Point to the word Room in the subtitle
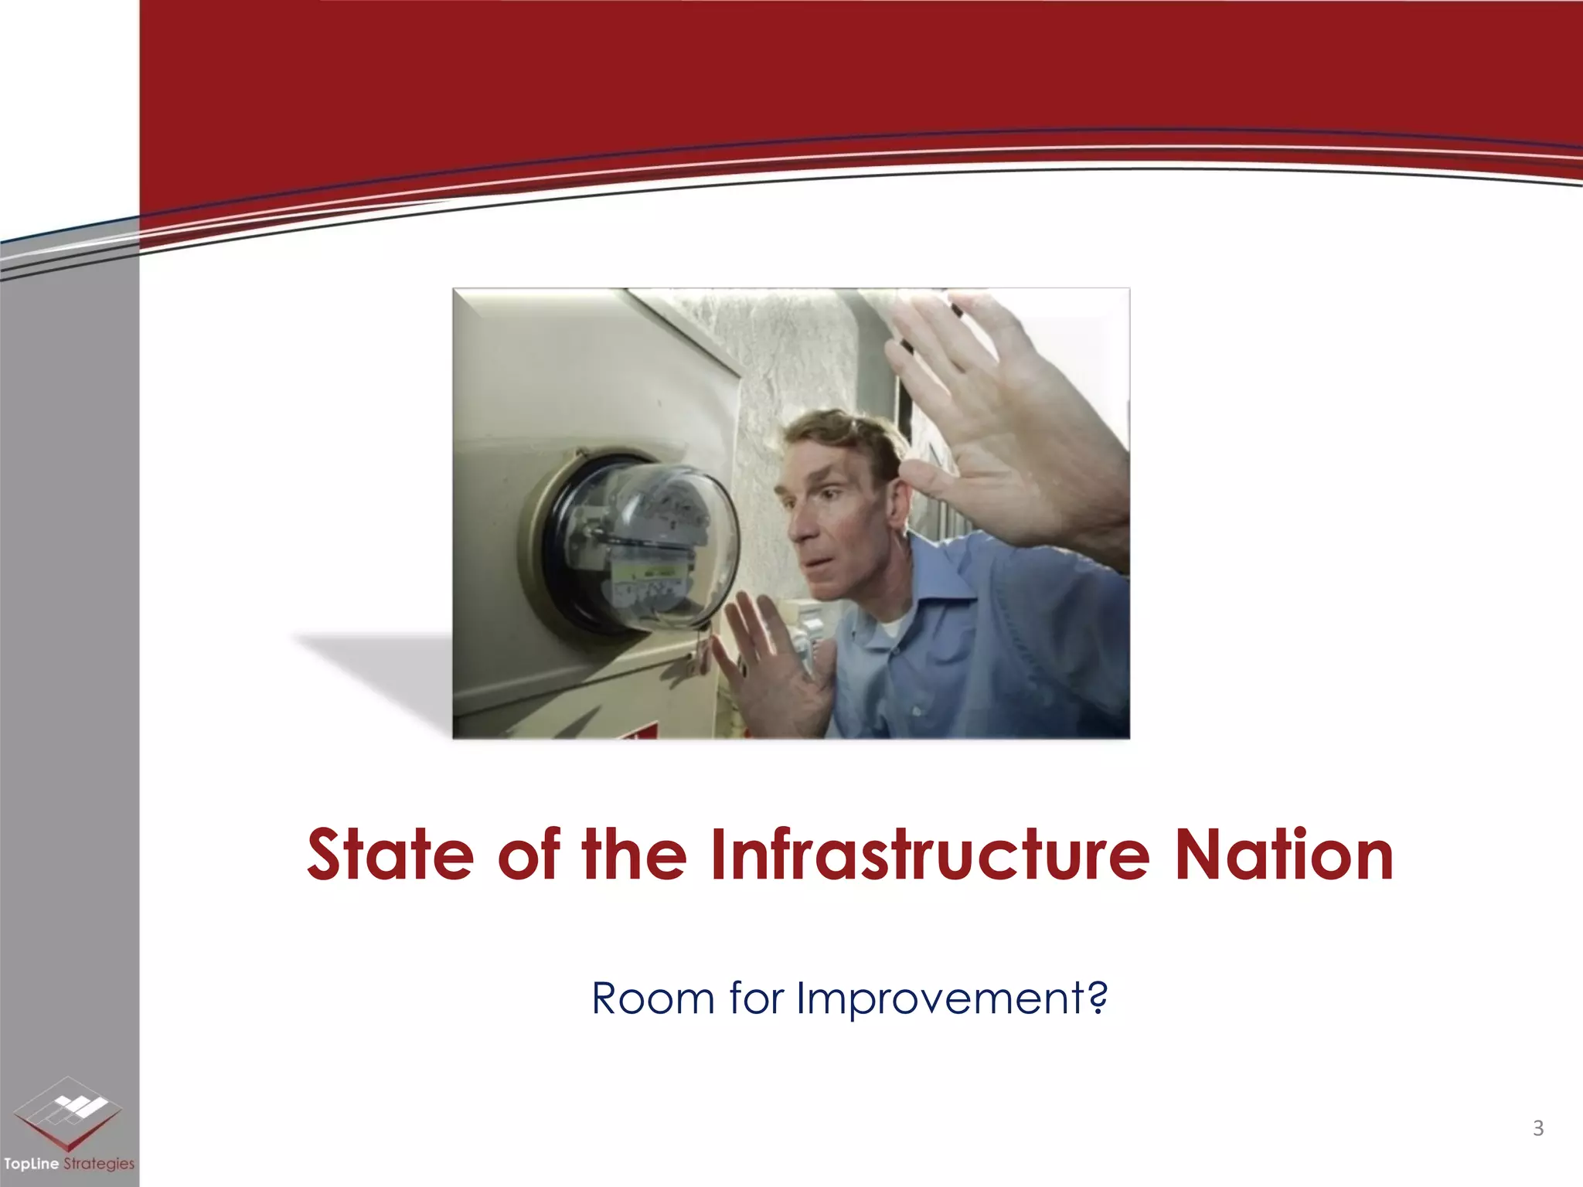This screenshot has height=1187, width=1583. point(652,998)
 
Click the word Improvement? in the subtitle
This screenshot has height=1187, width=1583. point(952,1000)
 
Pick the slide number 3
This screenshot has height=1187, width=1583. point(1537,1128)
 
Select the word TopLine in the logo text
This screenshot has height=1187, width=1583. point(31,1164)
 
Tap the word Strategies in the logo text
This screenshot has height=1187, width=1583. point(99,1164)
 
